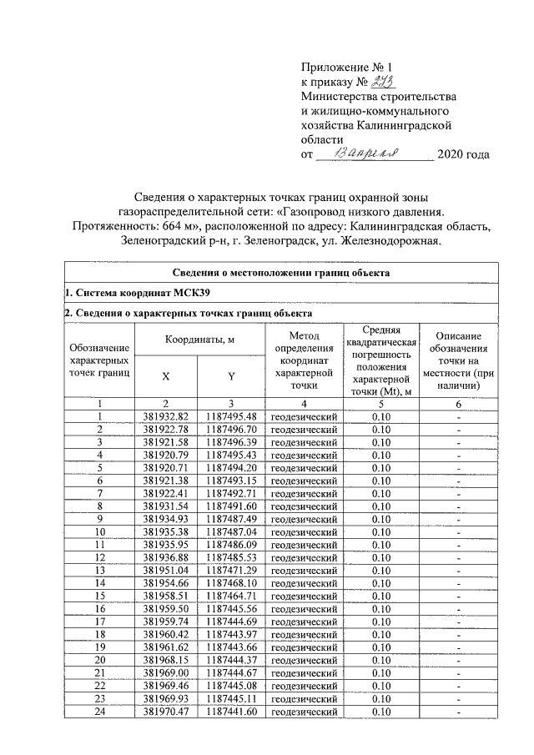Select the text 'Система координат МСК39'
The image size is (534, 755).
pyautogui.click(x=136, y=293)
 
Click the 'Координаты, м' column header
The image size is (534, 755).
pyautogui.click(x=199, y=340)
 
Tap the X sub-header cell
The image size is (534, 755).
pyautogui.click(x=167, y=375)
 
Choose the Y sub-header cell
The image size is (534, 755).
pyautogui.click(x=231, y=375)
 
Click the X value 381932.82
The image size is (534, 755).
pyautogui.click(x=167, y=416)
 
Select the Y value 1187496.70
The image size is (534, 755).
pyautogui.click(x=231, y=429)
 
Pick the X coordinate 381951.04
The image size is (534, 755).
pyautogui.click(x=167, y=571)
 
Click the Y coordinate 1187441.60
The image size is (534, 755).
pyautogui.click(x=231, y=712)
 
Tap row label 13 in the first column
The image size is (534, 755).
pyautogui.click(x=100, y=571)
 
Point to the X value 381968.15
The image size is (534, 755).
pyautogui.click(x=167, y=660)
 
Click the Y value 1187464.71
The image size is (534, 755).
pyautogui.click(x=231, y=596)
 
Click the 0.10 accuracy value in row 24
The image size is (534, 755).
pyautogui.click(x=381, y=712)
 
